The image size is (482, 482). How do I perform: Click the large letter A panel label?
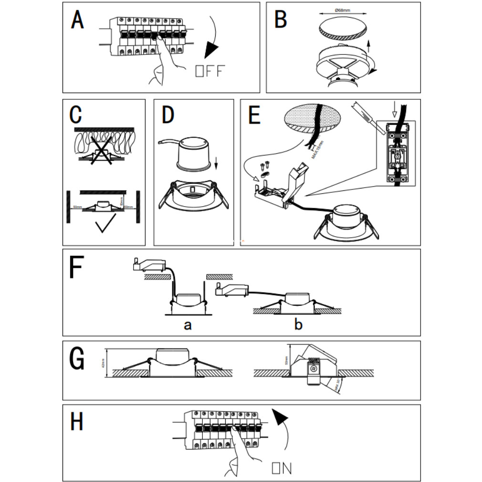(77, 20)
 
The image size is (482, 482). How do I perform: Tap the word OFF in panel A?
(210, 72)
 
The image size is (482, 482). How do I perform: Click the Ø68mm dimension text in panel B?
(343, 10)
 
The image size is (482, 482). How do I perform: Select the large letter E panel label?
(254, 115)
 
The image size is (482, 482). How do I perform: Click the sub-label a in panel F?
(188, 325)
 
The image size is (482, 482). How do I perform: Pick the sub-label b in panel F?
(298, 325)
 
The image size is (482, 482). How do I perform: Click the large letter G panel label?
(77, 359)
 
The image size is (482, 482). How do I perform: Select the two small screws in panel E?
(264, 166)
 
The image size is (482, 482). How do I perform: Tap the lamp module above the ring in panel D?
(195, 152)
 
